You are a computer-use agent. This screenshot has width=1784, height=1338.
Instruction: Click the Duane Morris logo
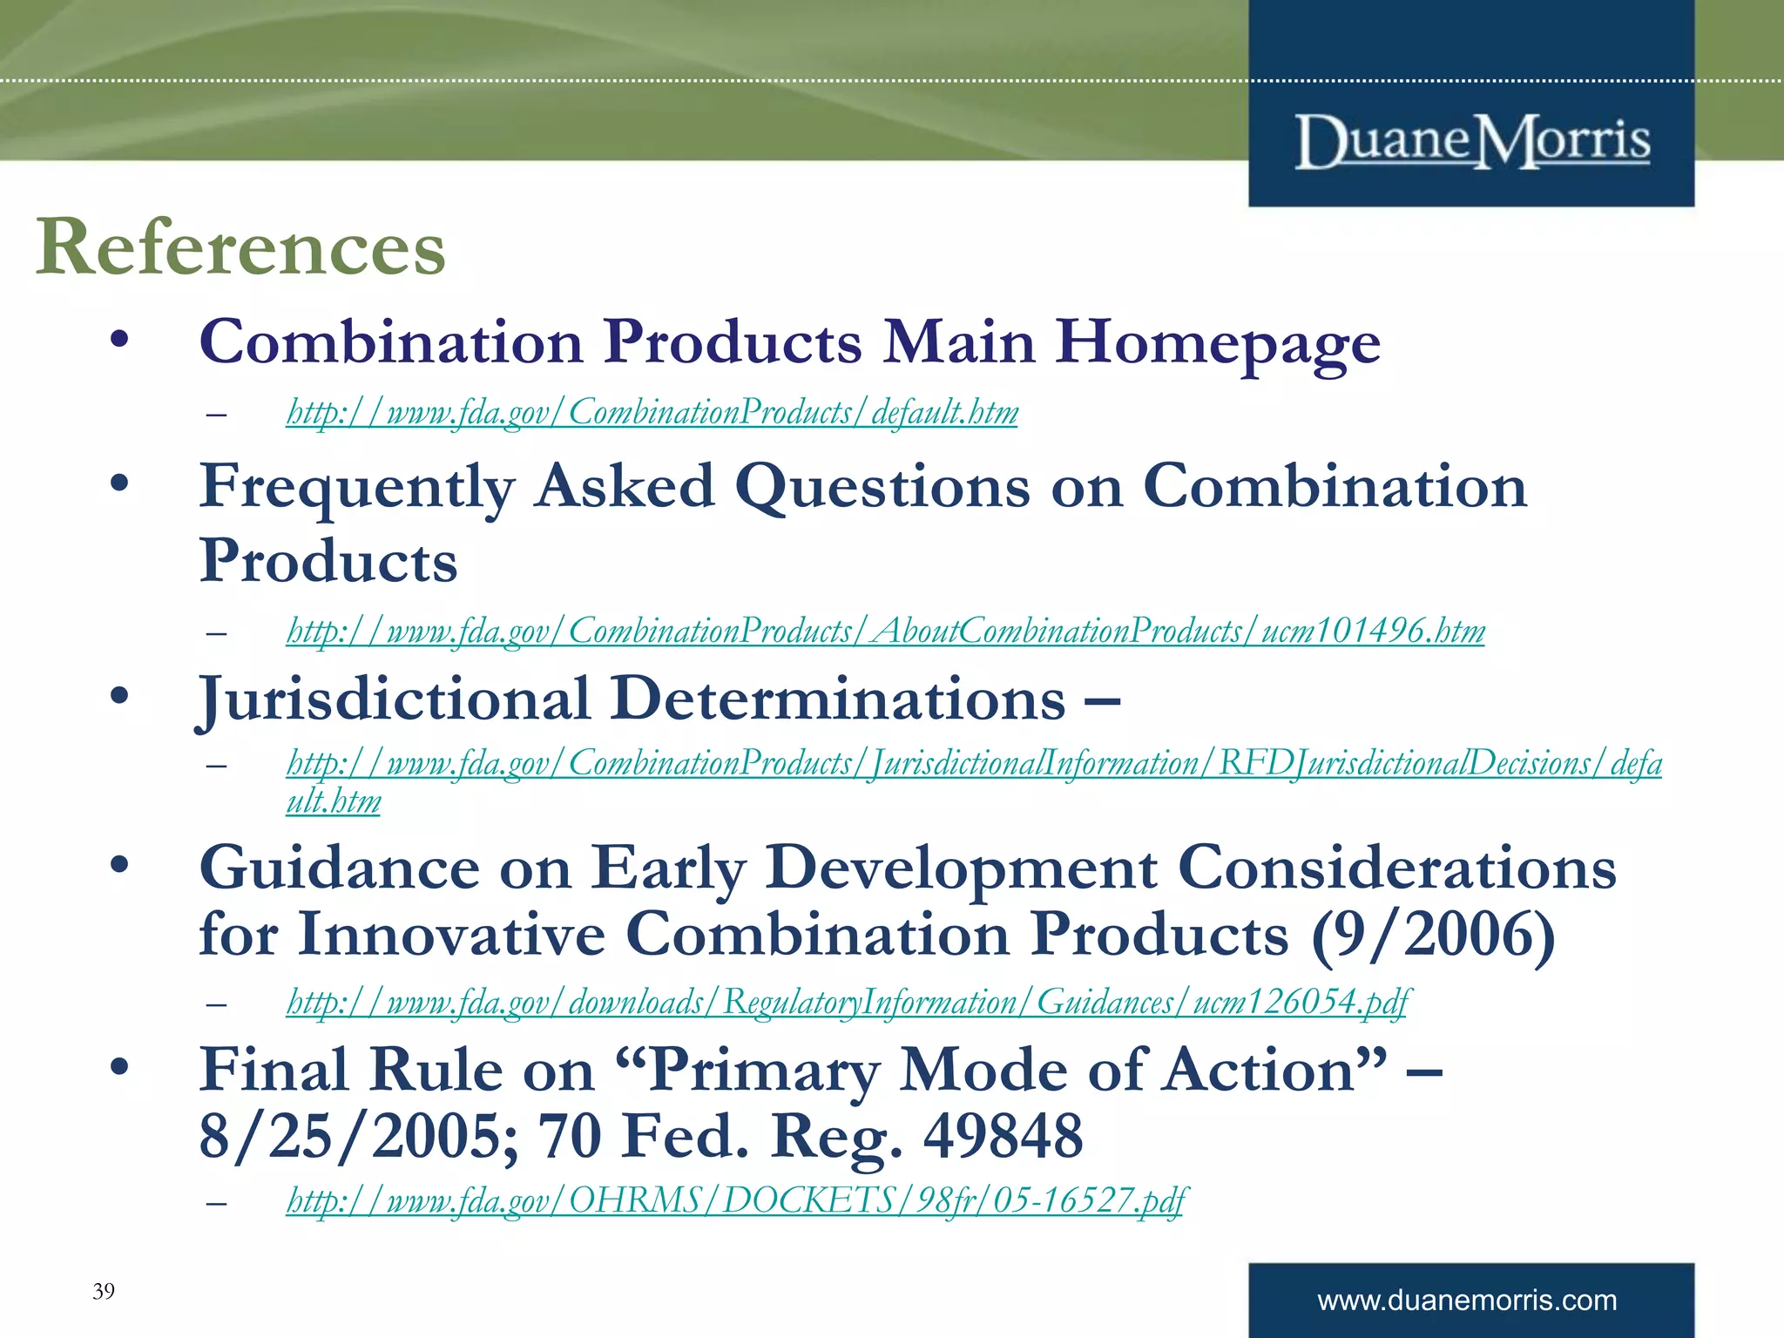click(1472, 141)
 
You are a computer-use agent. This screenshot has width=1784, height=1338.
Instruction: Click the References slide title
click(240, 247)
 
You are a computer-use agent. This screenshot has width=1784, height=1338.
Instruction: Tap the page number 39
click(103, 1291)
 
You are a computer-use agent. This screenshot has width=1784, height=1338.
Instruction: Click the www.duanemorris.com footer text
click(1467, 1301)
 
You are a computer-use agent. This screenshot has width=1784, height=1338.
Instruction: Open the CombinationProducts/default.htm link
click(652, 412)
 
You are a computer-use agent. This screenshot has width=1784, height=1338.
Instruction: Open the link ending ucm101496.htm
click(885, 631)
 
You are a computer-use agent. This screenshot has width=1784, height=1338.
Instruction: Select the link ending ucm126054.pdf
click(848, 1002)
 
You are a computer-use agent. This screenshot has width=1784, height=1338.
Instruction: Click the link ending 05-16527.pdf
click(736, 1200)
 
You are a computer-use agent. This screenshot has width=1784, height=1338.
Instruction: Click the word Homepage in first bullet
click(1218, 342)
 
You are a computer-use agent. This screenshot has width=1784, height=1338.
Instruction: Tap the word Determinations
click(837, 699)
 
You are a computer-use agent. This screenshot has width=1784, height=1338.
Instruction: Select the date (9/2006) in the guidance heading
click(1433, 936)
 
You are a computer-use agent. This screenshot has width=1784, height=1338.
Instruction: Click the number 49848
click(1003, 1136)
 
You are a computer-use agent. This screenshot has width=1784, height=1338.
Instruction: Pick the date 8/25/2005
click(358, 1136)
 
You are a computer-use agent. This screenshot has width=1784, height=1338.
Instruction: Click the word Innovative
click(451, 936)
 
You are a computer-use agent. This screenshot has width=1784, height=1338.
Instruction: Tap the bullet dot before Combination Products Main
click(120, 339)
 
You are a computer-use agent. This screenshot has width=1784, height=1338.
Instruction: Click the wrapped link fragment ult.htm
click(334, 801)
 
